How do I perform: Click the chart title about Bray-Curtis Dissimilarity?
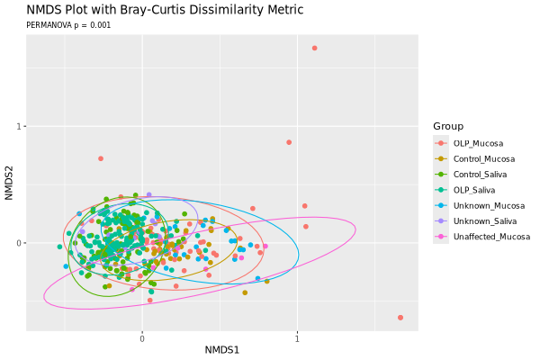[165, 10]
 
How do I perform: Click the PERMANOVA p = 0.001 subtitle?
[68, 25]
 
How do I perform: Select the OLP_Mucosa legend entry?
[478, 144]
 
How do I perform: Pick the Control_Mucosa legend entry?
[483, 159]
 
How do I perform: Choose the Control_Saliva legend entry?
[481, 175]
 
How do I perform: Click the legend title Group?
[448, 126]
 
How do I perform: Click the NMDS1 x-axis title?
[222, 349]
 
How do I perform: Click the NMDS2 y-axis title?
[10, 183]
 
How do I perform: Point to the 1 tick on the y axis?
[20, 127]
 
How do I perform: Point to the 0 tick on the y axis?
[20, 243]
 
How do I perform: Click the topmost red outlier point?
[314, 48]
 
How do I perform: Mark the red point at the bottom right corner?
[400, 318]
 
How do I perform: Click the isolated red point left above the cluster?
[101, 158]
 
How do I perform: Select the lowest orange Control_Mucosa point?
[245, 292]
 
